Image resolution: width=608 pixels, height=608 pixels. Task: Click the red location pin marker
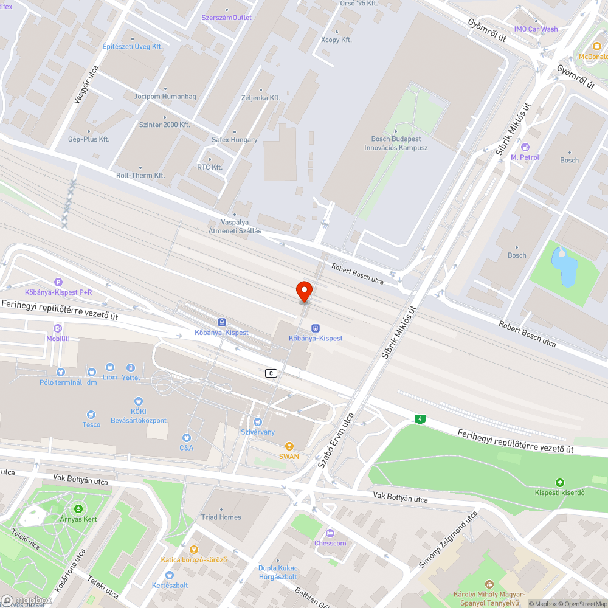(x=304, y=291)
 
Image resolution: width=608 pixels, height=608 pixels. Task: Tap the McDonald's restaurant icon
(x=598, y=47)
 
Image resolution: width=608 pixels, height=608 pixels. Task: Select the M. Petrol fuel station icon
(x=525, y=147)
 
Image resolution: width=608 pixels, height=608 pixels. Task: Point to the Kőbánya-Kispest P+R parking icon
(x=58, y=282)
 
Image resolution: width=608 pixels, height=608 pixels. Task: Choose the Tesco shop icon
(x=91, y=415)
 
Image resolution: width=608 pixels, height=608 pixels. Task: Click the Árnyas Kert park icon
(x=78, y=508)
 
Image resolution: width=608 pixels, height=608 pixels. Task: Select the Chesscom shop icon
(x=330, y=533)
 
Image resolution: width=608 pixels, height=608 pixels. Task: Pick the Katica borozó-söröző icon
(x=194, y=550)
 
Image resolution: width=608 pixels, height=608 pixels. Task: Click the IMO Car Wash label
(x=536, y=29)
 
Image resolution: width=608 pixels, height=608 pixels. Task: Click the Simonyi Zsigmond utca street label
(x=448, y=540)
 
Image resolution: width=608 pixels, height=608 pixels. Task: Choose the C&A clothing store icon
(x=186, y=437)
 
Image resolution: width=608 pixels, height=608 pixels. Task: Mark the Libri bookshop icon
(x=110, y=367)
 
